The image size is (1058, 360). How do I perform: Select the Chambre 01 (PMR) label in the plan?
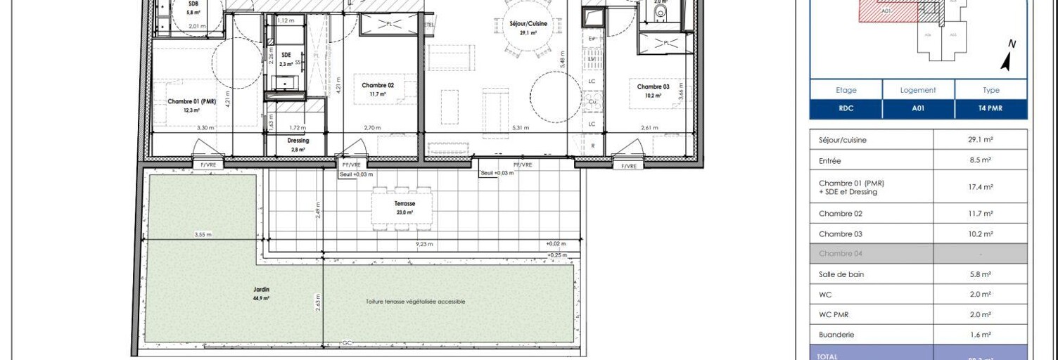click(x=192, y=101)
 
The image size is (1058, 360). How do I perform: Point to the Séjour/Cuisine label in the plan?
click(x=528, y=24)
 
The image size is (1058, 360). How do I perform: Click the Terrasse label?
click(x=404, y=204)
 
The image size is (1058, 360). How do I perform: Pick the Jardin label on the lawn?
click(x=261, y=290)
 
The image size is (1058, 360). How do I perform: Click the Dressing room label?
click(x=298, y=141)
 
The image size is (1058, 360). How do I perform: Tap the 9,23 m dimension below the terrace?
click(x=423, y=245)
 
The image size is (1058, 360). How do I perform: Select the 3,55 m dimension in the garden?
click(x=203, y=235)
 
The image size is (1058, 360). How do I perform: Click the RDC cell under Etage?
click(x=846, y=110)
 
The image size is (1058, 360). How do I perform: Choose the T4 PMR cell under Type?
click(x=990, y=110)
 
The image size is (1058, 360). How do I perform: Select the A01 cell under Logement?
click(x=918, y=110)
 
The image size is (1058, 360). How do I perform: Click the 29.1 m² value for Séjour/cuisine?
click(x=980, y=140)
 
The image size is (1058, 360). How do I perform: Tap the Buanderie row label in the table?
click(x=836, y=335)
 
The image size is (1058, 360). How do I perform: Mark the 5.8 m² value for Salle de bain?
click(x=980, y=274)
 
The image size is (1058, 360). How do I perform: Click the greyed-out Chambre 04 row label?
click(x=840, y=254)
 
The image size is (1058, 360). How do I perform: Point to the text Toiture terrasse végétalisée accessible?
click(x=415, y=302)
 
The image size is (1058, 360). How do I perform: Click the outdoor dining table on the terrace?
click(x=402, y=208)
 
